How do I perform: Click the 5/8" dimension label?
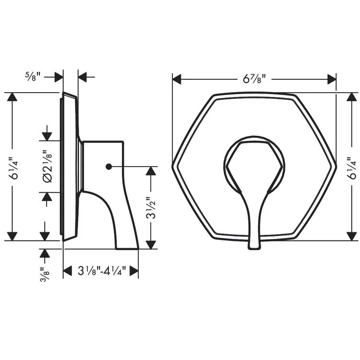(x=33, y=75)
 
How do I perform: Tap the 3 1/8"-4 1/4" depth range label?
(x=101, y=272)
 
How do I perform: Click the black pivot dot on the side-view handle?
(x=108, y=167)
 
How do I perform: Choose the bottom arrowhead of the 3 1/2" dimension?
(x=151, y=244)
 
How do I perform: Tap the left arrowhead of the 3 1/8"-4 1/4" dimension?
(x=68, y=272)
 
